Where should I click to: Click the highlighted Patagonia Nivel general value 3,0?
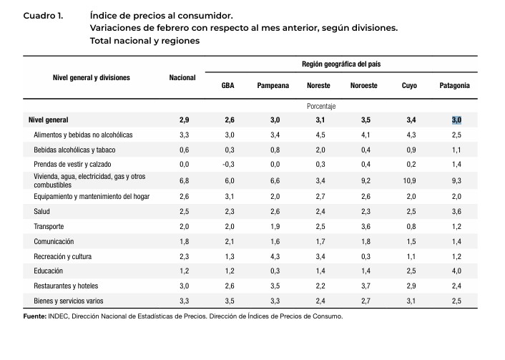coord(456,120)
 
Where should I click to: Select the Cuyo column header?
coord(410,85)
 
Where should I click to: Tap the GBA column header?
coord(228,85)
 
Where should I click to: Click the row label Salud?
coord(41,212)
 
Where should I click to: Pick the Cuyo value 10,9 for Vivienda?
coord(410,181)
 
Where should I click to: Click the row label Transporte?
coord(49,226)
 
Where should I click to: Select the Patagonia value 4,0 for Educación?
coord(456,271)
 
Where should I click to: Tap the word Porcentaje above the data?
coord(321,106)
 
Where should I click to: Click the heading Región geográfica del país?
coord(342,64)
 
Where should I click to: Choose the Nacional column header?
coord(182,77)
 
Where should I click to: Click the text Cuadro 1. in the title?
coord(44,15)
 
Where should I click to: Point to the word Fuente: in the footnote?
coord(35,316)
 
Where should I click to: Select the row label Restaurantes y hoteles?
coord(67,286)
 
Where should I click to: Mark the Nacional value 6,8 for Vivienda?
coord(184,181)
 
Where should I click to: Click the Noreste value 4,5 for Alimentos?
coord(320,135)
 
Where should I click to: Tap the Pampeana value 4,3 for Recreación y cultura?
coord(275,256)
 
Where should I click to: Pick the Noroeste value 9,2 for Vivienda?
coord(365,181)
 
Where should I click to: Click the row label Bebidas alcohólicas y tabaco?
coord(74,150)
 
